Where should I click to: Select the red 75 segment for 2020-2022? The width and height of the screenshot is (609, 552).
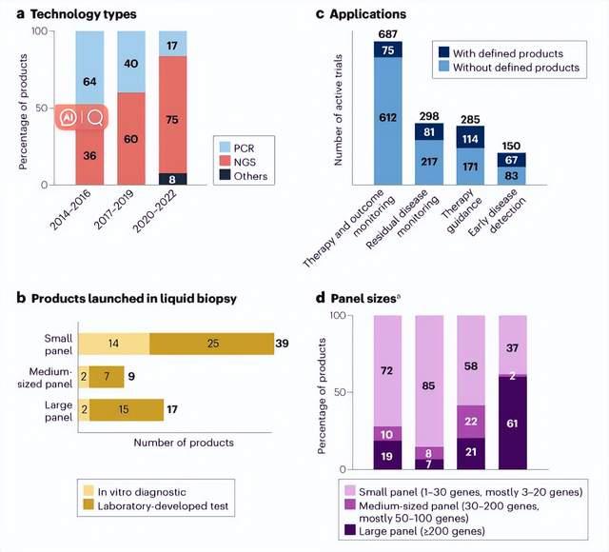[x=173, y=120]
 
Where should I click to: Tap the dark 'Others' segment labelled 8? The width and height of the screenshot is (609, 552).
[x=173, y=178]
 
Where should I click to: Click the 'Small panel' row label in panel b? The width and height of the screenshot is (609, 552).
[x=52, y=343]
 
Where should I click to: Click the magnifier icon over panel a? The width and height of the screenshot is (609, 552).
[x=95, y=117]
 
